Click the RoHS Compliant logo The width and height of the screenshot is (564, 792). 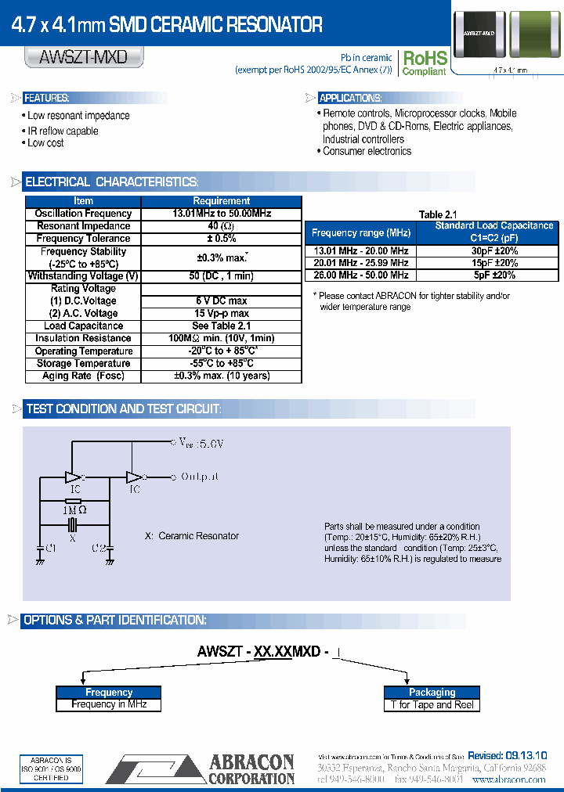[x=424, y=63]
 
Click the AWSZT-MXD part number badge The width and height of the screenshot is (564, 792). [x=84, y=57]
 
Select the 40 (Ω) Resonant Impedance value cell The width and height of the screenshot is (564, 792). [x=221, y=226]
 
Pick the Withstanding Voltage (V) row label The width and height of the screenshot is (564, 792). [x=83, y=276]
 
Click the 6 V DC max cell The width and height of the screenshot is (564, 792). [x=221, y=301]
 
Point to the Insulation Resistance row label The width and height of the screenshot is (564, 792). [x=83, y=339]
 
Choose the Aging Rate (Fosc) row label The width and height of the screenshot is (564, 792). [x=83, y=376]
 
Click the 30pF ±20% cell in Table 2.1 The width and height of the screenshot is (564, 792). [x=494, y=251]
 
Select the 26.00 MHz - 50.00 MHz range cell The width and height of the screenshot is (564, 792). [x=360, y=275]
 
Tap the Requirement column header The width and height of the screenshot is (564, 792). [x=221, y=201]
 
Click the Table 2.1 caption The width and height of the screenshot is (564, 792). [x=437, y=214]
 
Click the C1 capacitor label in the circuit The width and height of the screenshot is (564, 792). [x=51, y=549]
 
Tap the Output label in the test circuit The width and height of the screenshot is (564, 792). [x=200, y=476]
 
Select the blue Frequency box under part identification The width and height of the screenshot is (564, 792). [x=109, y=693]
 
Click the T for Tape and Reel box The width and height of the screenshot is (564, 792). [x=432, y=705]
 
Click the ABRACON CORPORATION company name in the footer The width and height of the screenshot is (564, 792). [x=251, y=770]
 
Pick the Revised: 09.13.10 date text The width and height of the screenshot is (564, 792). [x=508, y=755]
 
